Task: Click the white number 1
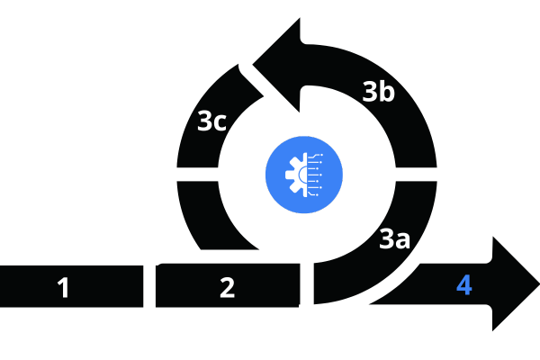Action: click(x=63, y=287)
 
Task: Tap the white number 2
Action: click(x=228, y=287)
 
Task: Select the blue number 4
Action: click(x=464, y=284)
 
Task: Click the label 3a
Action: click(x=395, y=238)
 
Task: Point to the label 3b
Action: click(x=379, y=91)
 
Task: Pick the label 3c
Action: click(x=211, y=121)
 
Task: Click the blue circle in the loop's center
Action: click(x=304, y=175)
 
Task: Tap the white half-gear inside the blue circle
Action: click(x=296, y=175)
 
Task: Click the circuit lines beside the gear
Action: click(x=315, y=175)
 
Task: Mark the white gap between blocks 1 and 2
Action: click(x=149, y=286)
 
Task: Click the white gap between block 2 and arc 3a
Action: click(x=307, y=283)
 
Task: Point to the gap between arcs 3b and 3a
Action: click(x=417, y=175)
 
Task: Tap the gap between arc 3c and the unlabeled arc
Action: click(x=198, y=175)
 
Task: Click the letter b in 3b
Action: click(x=387, y=91)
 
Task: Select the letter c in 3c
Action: click(x=220, y=123)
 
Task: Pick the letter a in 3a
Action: click(x=403, y=241)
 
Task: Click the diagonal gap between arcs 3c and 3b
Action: click(x=252, y=80)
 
